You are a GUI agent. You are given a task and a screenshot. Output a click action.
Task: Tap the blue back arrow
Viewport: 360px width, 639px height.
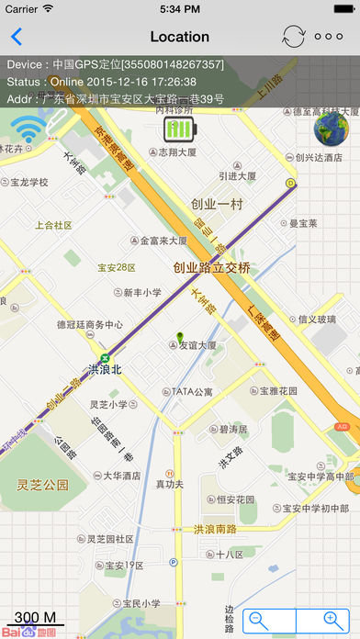[17, 37]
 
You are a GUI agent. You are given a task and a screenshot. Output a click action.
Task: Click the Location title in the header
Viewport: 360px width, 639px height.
[179, 37]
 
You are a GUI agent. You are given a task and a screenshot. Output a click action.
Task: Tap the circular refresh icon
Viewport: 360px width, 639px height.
[293, 37]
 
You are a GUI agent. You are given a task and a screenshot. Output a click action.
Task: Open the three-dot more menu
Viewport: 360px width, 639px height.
[328, 37]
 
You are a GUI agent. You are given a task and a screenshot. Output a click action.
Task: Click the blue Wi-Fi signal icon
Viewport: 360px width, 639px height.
[28, 131]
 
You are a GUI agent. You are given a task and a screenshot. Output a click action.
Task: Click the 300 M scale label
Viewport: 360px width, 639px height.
[36, 617]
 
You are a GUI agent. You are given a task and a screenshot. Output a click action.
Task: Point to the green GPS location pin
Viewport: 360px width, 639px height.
[181, 337]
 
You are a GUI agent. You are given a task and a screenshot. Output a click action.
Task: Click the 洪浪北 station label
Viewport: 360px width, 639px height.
[106, 370]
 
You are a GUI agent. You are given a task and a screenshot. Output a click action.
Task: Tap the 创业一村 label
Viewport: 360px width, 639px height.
[217, 204]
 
